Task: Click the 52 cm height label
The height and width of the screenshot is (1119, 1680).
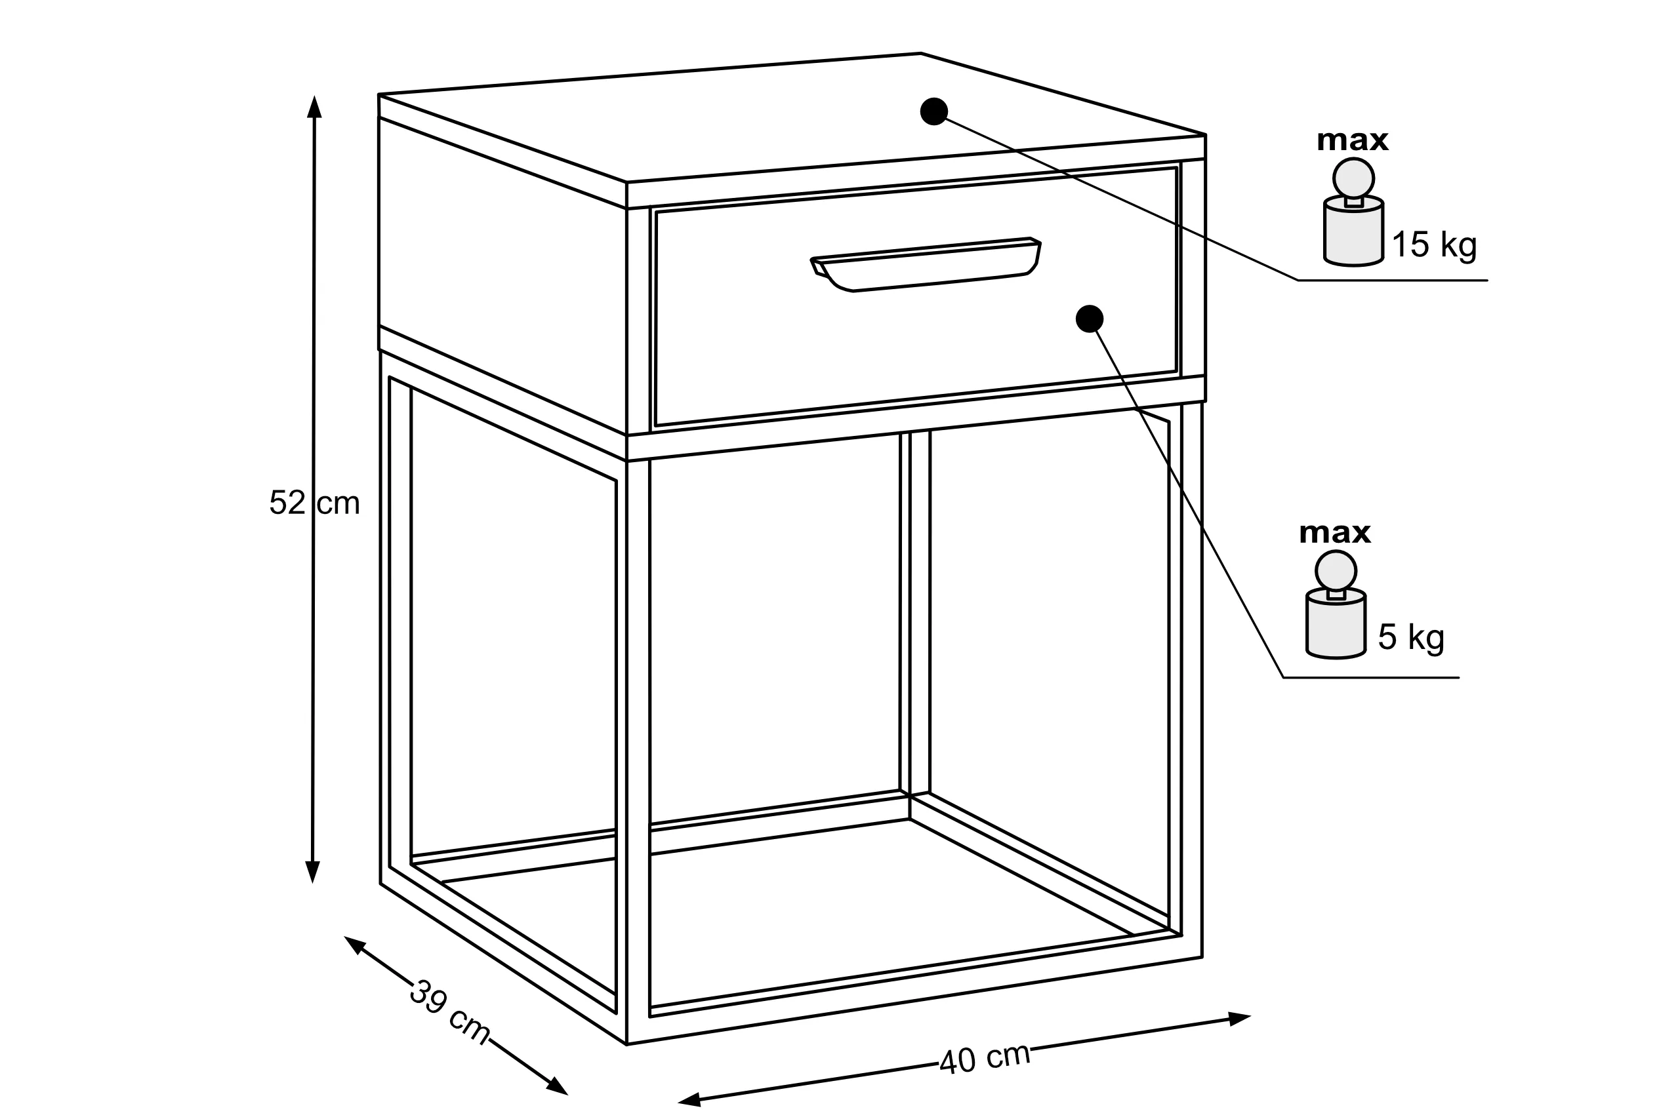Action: click(314, 503)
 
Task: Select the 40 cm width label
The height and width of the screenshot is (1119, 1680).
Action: click(985, 1059)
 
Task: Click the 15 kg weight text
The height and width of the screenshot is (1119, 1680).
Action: click(1434, 245)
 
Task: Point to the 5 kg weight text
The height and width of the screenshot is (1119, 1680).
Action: click(1411, 637)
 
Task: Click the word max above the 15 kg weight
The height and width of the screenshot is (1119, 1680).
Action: click(1352, 140)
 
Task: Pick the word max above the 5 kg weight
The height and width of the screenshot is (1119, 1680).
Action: click(1334, 533)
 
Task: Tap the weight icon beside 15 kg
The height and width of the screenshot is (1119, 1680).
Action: click(1354, 212)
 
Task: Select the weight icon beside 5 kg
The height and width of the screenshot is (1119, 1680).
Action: click(1336, 604)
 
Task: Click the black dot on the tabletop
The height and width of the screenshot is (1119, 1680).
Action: click(934, 111)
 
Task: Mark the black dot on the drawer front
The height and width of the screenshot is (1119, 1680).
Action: click(1090, 319)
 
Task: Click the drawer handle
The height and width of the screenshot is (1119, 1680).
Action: click(926, 264)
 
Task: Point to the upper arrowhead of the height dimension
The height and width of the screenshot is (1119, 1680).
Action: click(314, 106)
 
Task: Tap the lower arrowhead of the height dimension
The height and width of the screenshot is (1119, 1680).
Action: click(312, 872)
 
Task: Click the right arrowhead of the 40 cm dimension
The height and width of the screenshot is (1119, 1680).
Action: click(1239, 1019)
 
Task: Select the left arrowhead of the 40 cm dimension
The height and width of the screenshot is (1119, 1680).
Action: click(689, 1100)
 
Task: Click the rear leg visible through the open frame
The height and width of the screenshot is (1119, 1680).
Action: click(914, 614)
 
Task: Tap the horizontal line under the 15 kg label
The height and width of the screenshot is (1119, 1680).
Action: click(1393, 281)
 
